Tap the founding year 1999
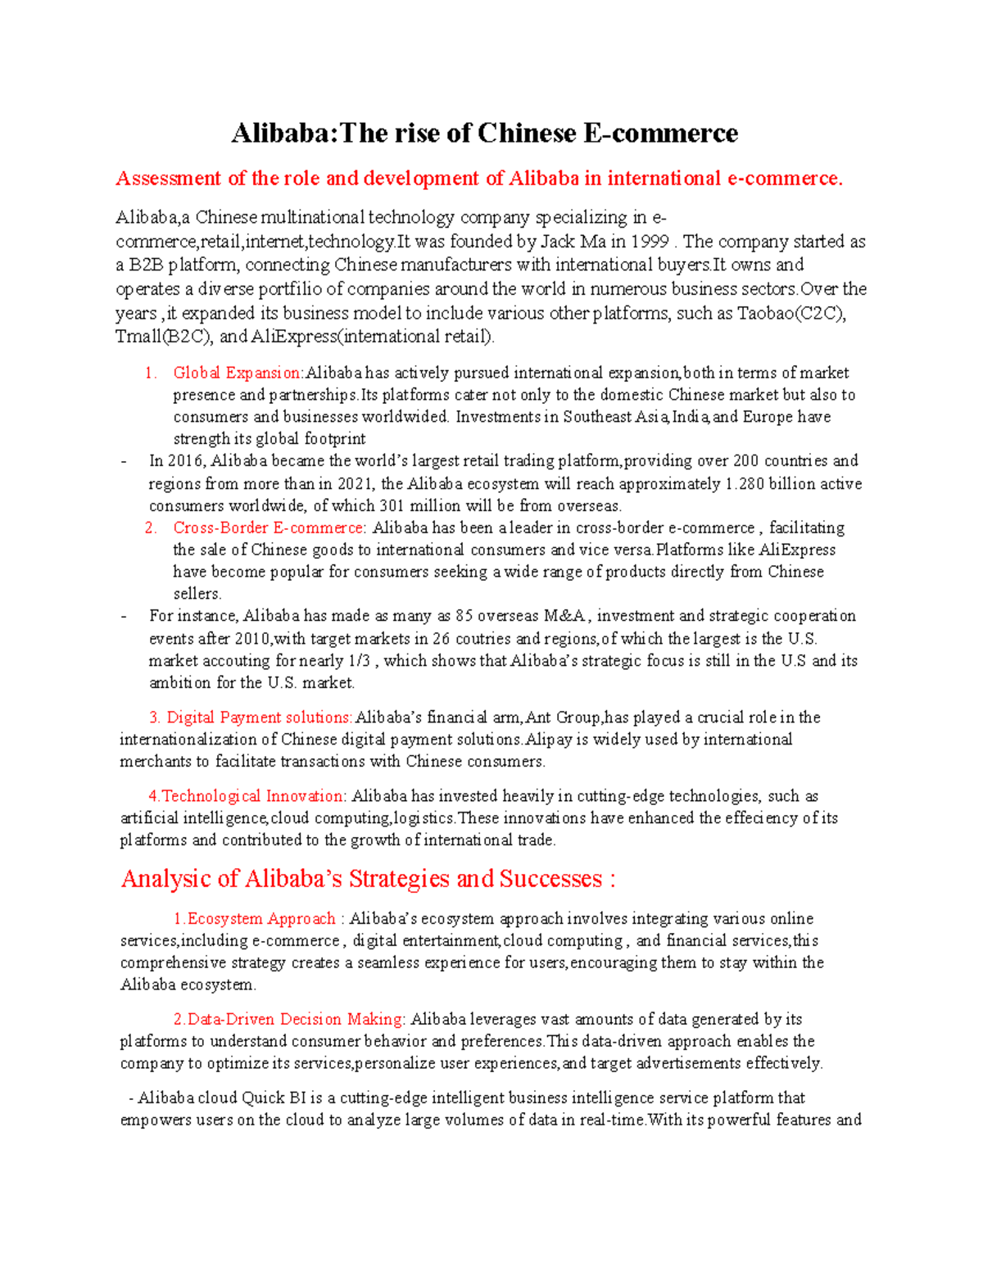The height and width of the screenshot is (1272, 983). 649,242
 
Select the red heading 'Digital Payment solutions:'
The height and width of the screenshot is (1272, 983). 260,717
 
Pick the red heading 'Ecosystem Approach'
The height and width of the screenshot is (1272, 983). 261,919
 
